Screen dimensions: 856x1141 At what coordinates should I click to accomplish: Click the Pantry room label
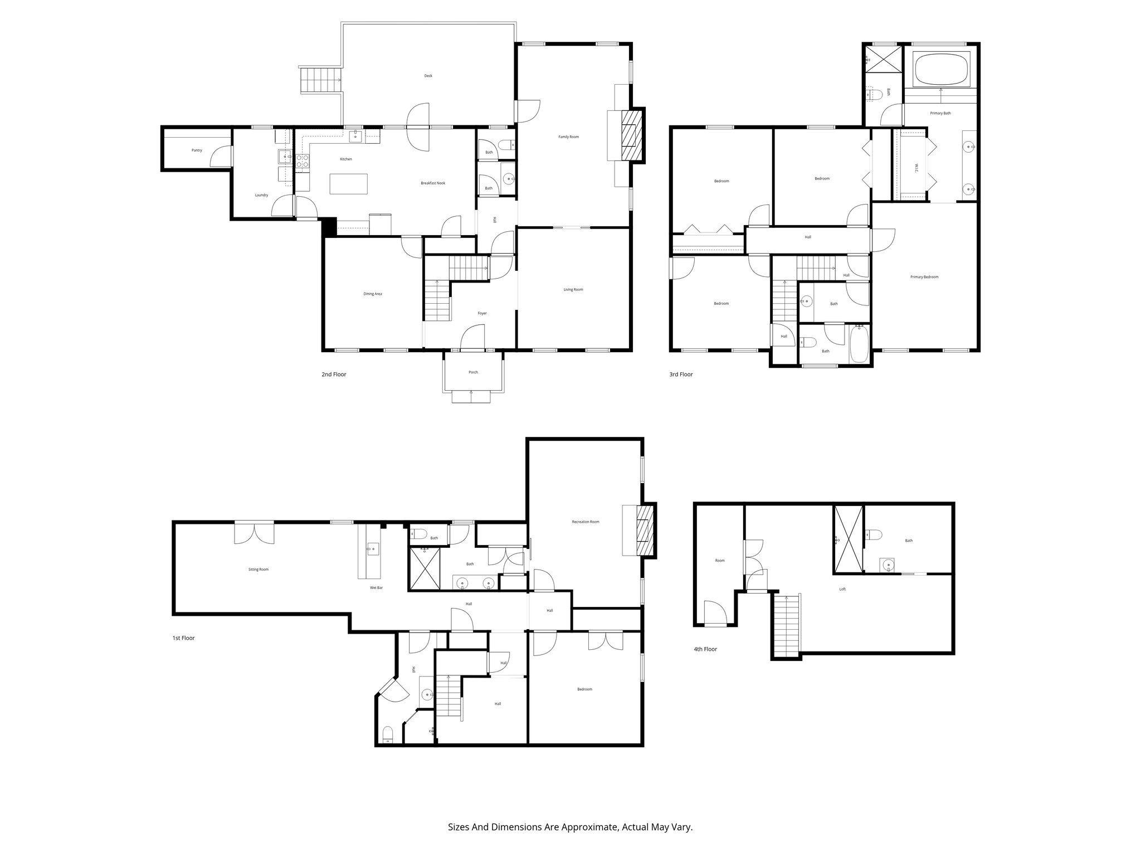point(196,150)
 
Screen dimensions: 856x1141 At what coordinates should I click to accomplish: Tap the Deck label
point(428,76)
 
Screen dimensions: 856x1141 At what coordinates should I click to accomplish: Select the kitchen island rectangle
point(349,184)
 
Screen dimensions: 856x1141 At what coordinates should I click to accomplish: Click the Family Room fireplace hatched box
point(631,135)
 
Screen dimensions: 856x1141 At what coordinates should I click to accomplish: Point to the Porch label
point(473,372)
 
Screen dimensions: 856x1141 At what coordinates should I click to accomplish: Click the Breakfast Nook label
point(433,183)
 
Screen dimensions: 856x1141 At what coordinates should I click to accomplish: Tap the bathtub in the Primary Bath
point(942,69)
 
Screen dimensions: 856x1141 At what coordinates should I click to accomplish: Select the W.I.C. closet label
point(916,168)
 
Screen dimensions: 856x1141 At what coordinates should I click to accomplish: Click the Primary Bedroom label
point(924,277)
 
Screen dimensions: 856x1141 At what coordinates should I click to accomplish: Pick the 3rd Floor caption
point(681,374)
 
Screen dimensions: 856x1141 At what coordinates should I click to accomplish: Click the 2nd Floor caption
point(334,374)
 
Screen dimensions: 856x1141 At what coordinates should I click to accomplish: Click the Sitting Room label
point(259,570)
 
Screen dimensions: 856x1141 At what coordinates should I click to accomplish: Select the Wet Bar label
point(376,588)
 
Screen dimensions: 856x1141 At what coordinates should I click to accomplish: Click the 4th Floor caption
point(705,649)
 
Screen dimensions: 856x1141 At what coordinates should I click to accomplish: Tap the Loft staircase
point(786,626)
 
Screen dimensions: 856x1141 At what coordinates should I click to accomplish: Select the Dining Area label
point(373,294)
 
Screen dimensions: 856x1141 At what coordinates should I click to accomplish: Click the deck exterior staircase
point(320,80)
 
